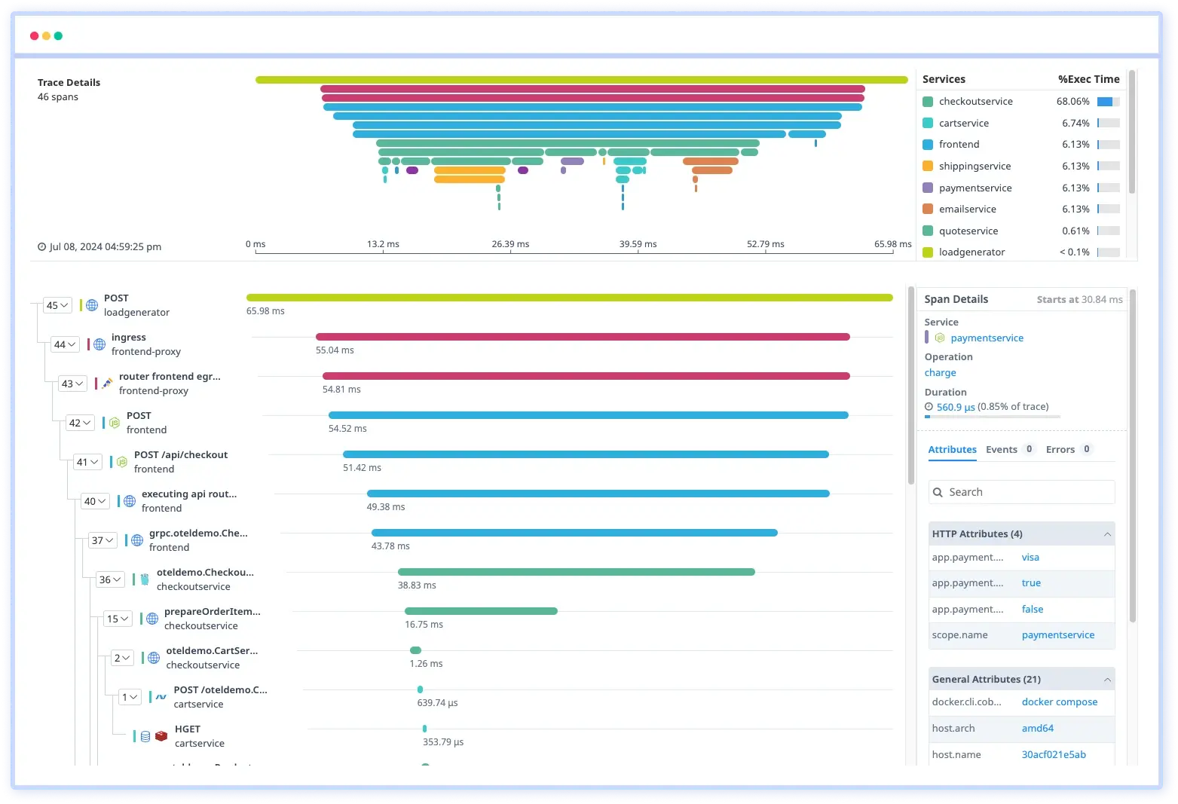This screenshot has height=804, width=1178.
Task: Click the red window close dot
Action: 34,36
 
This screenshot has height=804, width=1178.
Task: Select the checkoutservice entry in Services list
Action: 975,102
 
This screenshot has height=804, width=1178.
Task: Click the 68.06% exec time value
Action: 1072,102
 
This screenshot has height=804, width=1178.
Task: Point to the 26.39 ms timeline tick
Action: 510,244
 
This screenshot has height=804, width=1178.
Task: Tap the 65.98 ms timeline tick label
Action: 892,244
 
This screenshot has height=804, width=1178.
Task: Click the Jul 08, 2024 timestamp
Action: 105,247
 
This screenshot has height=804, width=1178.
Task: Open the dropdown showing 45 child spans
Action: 57,305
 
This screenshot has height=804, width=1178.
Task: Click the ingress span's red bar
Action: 582,337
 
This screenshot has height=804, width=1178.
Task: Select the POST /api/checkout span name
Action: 180,455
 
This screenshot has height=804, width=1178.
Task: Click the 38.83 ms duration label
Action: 417,585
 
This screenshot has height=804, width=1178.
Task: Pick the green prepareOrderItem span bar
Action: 481,611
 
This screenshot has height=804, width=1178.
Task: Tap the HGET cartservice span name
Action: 188,729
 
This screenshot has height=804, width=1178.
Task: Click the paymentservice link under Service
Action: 987,338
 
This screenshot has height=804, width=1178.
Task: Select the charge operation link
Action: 940,373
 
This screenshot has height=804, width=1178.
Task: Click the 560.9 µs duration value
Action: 955,408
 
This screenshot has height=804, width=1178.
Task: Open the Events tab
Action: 1001,450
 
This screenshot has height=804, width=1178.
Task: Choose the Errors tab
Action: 1060,450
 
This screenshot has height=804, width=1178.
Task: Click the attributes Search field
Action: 1021,492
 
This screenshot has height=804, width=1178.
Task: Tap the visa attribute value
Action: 1030,558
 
